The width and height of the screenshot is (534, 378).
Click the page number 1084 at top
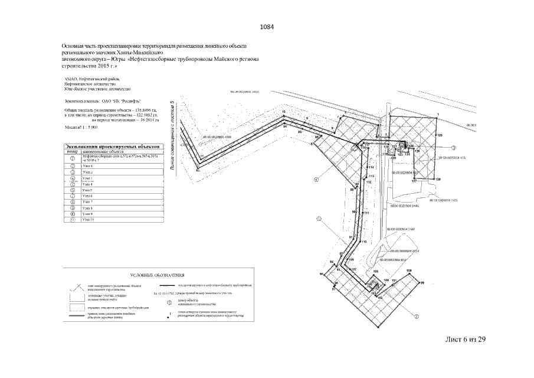[267, 27]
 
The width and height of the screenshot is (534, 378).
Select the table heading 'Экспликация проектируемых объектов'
[112, 146]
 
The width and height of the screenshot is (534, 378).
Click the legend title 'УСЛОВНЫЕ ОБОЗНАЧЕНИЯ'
[158, 275]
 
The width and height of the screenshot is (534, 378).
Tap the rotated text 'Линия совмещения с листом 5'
[171, 135]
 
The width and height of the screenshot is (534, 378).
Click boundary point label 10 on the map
[284, 112]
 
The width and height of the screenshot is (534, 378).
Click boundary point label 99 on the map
[422, 283]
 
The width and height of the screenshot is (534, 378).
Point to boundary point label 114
[372, 168]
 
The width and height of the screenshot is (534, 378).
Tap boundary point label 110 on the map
[363, 242]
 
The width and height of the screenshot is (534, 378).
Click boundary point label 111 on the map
[366, 213]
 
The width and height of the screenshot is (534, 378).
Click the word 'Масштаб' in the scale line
[73, 127]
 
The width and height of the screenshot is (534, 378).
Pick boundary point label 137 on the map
[414, 181]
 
